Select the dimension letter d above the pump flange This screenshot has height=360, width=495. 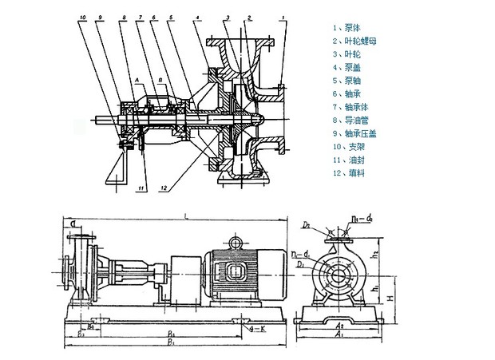73,224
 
